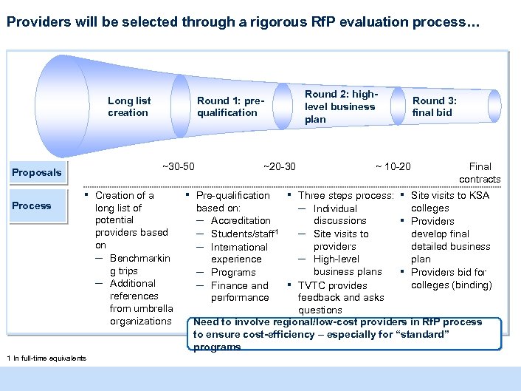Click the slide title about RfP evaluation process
coord(243,23)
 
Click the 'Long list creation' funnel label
coord(129,106)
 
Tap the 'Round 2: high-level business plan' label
coord(340,106)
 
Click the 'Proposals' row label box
coord(37,172)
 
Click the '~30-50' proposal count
coord(178,166)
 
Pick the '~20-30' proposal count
coord(279,166)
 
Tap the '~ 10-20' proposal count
coord(393,166)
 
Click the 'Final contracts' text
coord(480,173)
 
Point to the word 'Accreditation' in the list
coord(241,220)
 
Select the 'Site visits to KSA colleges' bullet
coord(449,202)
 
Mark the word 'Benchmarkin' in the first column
coord(139,258)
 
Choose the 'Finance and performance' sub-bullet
coord(240,291)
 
